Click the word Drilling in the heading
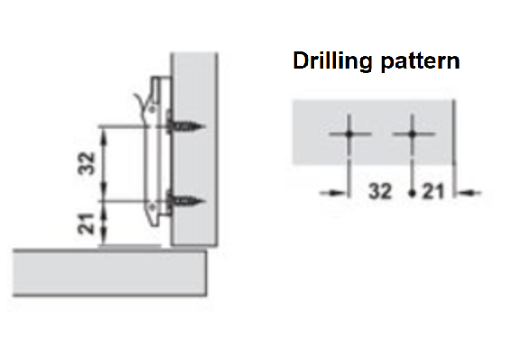332,61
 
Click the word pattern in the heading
421,61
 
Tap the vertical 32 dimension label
87,163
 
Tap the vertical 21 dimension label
87,224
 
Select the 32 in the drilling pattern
380,191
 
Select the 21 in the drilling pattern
433,191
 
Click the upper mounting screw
186,126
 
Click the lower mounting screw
186,201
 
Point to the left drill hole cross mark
349,134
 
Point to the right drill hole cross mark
413,134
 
